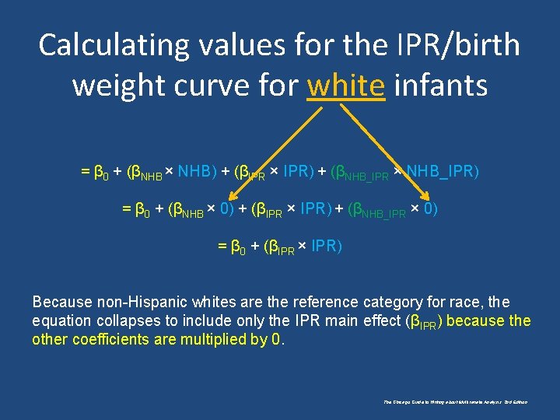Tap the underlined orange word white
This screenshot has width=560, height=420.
(345, 85)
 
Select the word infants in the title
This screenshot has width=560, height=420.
(441, 85)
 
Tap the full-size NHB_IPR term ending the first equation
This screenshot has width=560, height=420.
(442, 170)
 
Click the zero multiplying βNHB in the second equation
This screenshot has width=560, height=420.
(226, 208)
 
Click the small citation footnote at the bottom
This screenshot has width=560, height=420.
(455, 402)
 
